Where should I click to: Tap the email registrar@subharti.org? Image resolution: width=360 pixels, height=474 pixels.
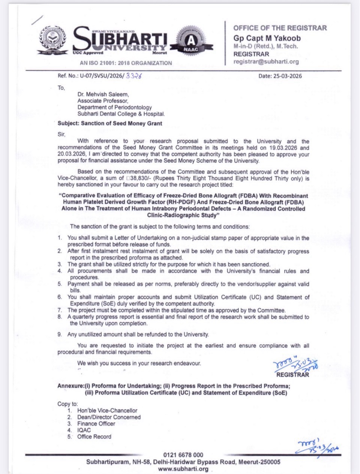click(266, 62)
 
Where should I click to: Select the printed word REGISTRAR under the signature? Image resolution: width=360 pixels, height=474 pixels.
click(292, 374)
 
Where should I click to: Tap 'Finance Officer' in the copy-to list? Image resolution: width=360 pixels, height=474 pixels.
click(96, 423)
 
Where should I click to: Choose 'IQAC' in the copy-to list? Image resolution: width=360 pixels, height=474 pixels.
click(84, 430)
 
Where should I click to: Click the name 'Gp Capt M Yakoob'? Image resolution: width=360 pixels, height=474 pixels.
click(267, 38)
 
